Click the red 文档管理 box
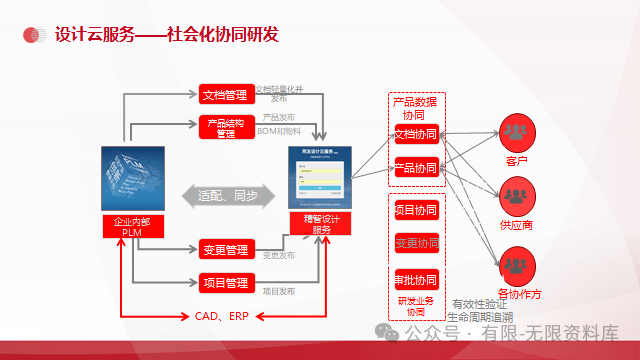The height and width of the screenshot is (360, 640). [x=224, y=95]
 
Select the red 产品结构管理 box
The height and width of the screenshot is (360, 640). [x=224, y=127]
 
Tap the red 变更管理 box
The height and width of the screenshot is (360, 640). [x=224, y=249]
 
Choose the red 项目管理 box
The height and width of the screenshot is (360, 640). [x=224, y=282]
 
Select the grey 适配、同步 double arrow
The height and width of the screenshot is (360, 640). [x=227, y=195]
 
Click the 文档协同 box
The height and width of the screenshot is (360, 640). [x=416, y=134]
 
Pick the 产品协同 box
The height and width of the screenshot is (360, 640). [x=416, y=168]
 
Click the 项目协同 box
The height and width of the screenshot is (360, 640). [x=415, y=211]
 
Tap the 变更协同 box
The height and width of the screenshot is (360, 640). [x=415, y=243]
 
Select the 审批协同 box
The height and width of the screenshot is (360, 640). [x=415, y=278]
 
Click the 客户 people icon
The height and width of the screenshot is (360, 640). [x=517, y=132]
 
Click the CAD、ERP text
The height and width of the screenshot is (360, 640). [x=221, y=316]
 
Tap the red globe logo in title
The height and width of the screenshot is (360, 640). [x=33, y=34]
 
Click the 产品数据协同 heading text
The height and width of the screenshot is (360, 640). [x=415, y=108]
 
